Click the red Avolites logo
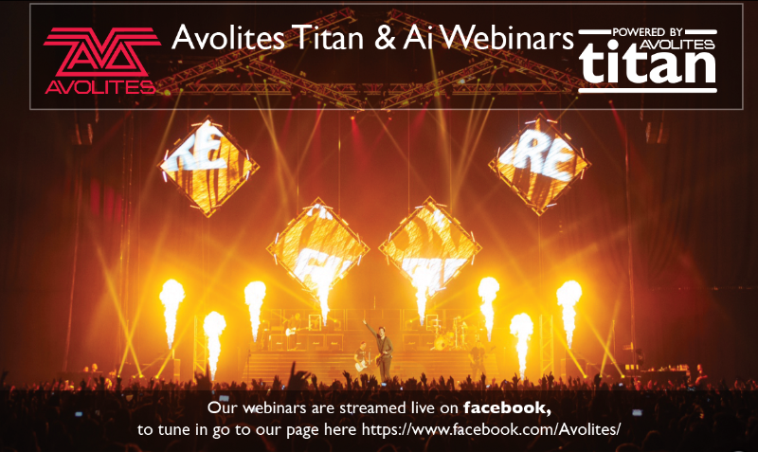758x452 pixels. (101, 61)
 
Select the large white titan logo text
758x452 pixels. (648, 63)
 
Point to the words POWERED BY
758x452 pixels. (647, 32)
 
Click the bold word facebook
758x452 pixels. (507, 407)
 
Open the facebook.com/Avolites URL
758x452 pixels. (491, 429)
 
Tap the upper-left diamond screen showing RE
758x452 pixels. (208, 166)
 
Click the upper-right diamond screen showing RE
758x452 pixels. (539, 164)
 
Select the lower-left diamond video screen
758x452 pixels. (317, 249)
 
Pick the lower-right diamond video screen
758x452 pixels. (430, 248)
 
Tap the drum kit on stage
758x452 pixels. (447, 334)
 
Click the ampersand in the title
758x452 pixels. (384, 38)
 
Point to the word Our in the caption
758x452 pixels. (223, 407)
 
